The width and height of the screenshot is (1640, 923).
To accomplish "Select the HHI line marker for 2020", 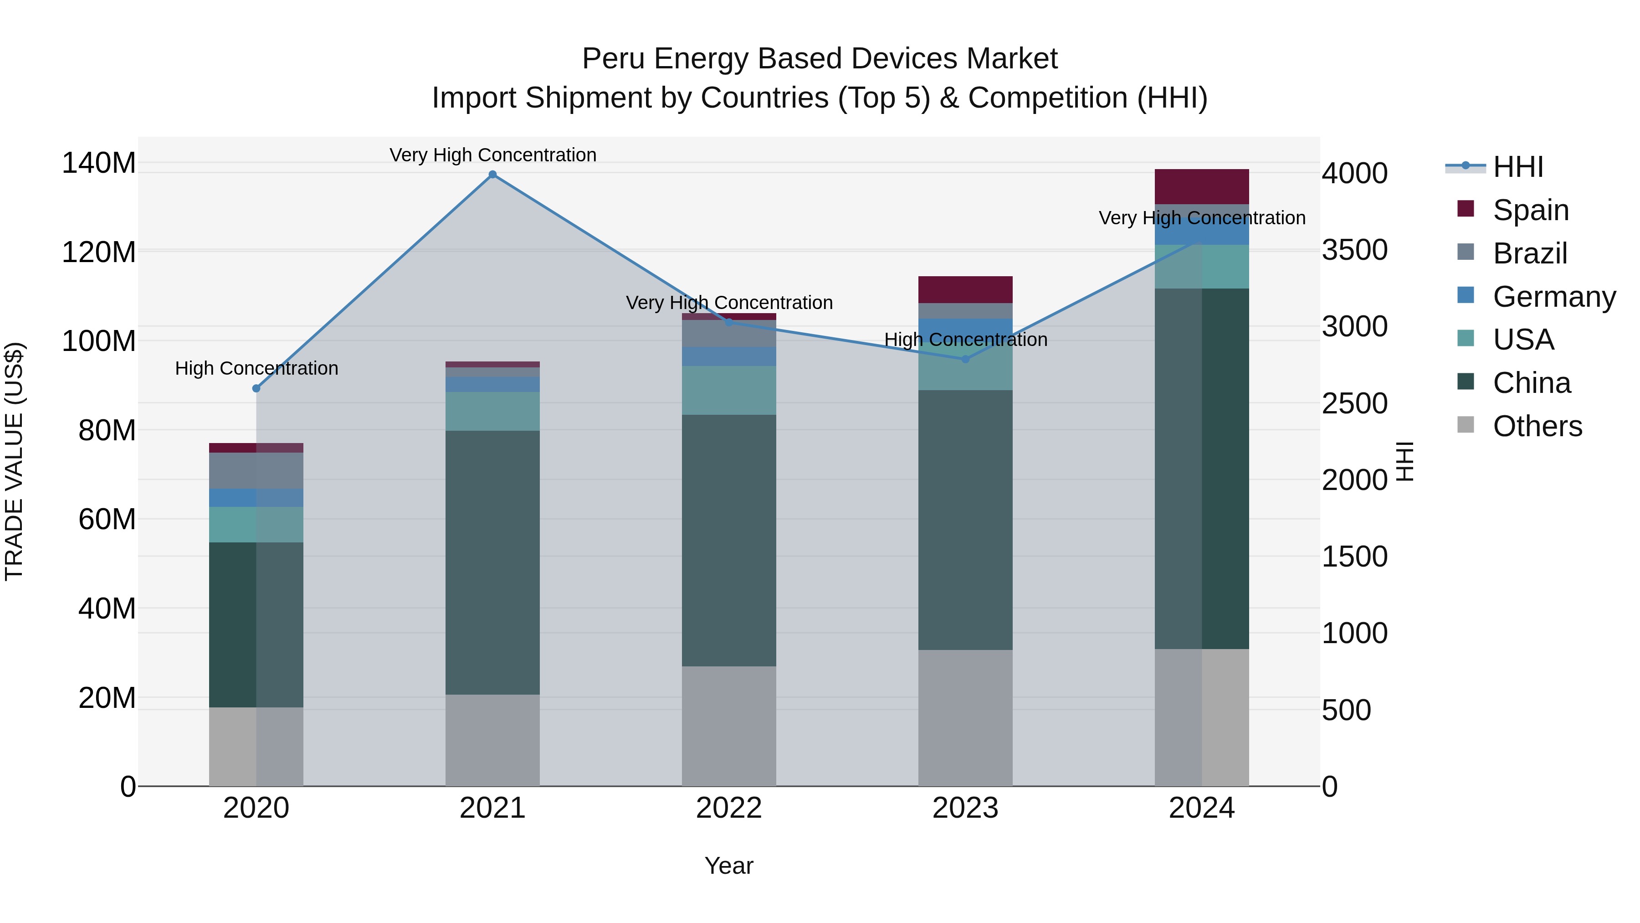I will (x=256, y=388).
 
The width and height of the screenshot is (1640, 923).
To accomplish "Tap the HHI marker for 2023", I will (x=965, y=359).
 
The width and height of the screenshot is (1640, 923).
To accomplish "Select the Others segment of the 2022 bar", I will (x=729, y=726).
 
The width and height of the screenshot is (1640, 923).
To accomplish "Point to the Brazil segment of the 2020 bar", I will (x=256, y=471).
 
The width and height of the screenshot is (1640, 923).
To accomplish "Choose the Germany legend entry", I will (x=1553, y=297).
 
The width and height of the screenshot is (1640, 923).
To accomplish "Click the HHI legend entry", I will (x=1518, y=167).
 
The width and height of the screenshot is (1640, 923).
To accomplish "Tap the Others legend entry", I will (x=1537, y=426).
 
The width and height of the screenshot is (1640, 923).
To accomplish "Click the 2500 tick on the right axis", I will (x=1354, y=403).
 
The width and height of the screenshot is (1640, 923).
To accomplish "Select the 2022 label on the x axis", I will (x=729, y=808).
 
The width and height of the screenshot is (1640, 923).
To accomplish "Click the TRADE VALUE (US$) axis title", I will (x=14, y=461).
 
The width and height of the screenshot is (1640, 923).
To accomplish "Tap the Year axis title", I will (x=729, y=866).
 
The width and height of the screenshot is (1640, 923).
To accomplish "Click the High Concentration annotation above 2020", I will (x=256, y=368).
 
